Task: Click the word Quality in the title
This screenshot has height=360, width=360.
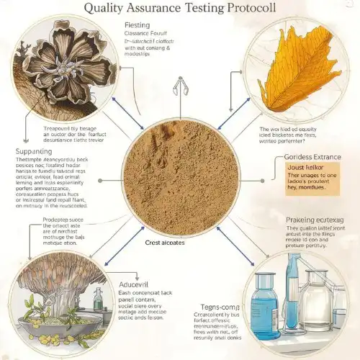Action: click(x=108, y=9)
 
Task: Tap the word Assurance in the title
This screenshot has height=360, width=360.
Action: click(x=156, y=9)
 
